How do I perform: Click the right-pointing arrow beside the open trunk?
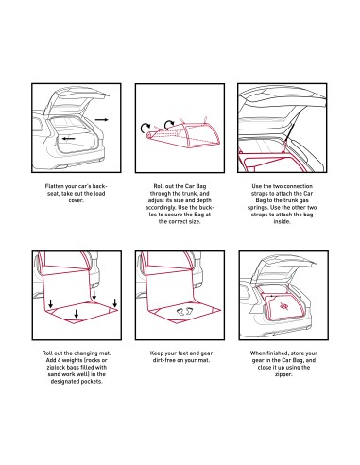point(101,120)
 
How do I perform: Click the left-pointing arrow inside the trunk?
point(68,139)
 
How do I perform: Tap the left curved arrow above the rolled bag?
point(146,128)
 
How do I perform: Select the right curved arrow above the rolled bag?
point(169,124)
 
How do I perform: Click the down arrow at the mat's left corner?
point(50,303)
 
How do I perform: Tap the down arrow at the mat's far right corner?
point(115,303)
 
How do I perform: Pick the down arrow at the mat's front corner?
point(76,314)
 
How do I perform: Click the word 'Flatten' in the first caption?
point(55,186)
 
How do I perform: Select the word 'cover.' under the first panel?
point(77,200)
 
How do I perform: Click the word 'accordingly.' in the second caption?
point(161,208)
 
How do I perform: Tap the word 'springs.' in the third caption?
point(258,208)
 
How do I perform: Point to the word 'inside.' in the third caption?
point(282,221)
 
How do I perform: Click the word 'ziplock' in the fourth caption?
point(56,368)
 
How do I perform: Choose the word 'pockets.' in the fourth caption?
point(92,382)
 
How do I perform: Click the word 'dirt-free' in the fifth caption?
point(164,360)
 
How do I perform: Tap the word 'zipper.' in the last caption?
point(283,374)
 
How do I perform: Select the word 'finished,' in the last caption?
point(278,353)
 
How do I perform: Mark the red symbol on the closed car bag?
point(283,305)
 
